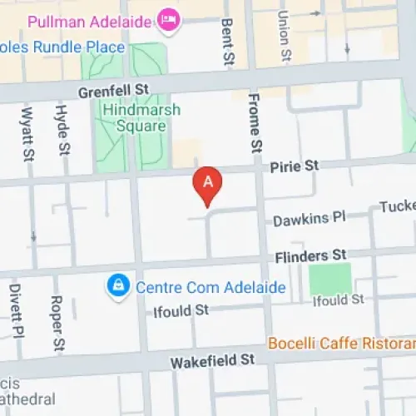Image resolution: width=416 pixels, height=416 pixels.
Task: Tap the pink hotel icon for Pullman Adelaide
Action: pos(169,19)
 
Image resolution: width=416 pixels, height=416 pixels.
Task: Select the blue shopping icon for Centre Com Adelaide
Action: pos(119,287)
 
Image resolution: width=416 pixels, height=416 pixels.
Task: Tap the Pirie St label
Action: pos(295,166)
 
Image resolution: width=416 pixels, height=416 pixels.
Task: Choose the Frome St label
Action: pos(255,125)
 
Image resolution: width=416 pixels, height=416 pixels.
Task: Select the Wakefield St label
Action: pos(212,361)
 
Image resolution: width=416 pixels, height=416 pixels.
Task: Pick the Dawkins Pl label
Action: pos(309,219)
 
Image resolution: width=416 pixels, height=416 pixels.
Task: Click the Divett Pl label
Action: pos(15,310)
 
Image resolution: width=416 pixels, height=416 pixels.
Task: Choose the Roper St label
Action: pos(57,321)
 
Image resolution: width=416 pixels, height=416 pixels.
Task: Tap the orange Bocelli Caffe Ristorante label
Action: pos(341,343)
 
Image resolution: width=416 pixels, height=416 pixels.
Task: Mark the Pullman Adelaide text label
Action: pos(89,19)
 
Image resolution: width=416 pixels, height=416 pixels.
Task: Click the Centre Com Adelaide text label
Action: pos(210,288)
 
